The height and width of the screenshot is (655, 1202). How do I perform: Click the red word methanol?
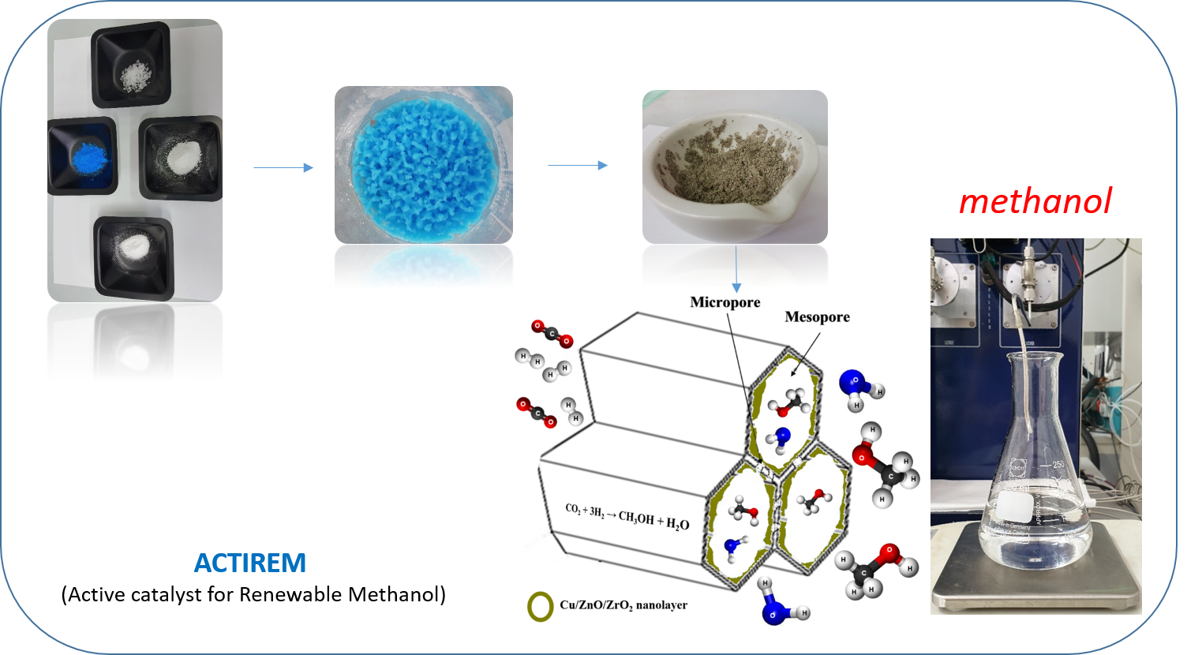[x=1035, y=202]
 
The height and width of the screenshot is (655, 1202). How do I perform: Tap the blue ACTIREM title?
[x=250, y=563]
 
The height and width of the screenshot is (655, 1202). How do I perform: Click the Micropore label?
[x=725, y=302]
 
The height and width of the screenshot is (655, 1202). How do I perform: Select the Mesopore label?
[x=817, y=317]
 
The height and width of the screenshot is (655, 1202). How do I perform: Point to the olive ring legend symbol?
[x=541, y=606]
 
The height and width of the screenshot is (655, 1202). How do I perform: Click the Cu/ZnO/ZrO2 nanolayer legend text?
[x=623, y=605]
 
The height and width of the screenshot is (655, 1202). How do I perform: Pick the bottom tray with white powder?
[x=133, y=254]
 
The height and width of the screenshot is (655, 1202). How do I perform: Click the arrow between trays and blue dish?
[x=283, y=167]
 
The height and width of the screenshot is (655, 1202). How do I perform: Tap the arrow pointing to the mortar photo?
[x=578, y=165]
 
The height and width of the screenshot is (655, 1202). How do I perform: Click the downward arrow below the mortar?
[x=736, y=268]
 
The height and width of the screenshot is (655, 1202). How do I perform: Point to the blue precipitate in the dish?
[x=424, y=166]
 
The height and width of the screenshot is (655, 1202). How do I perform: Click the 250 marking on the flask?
[x=1058, y=464]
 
